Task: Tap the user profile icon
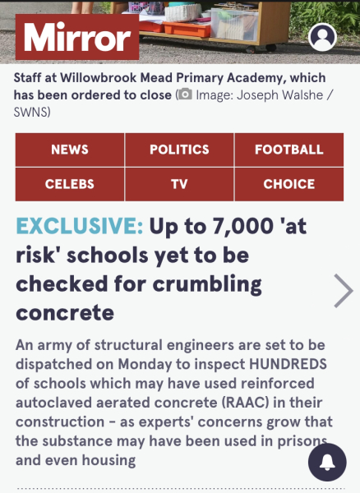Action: (322, 38)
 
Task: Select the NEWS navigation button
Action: (70, 150)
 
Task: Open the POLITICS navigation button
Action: (179, 150)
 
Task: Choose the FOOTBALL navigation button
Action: (288, 150)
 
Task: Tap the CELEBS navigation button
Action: (70, 184)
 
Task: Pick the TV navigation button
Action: (179, 184)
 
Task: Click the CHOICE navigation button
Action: (288, 184)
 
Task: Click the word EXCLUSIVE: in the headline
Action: (80, 226)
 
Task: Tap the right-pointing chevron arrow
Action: (343, 290)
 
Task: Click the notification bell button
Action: (327, 463)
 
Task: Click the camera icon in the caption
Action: (185, 94)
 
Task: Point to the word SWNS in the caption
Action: (33, 112)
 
